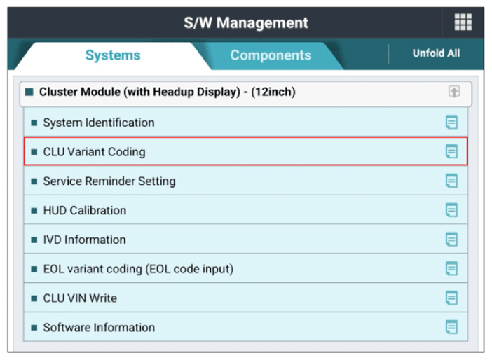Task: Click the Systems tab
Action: point(113,55)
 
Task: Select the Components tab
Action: point(271,55)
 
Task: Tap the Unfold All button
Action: point(436,53)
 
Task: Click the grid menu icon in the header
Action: point(463,22)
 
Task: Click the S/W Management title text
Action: point(246,23)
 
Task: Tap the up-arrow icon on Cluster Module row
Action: point(454,92)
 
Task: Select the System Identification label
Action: point(99,123)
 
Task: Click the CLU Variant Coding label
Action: point(94,152)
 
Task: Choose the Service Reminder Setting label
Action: point(109,181)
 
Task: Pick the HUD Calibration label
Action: point(85,210)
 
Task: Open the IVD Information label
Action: point(84,240)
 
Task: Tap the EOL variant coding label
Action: point(138,269)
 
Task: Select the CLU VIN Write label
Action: point(80,298)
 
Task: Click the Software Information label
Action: point(99,327)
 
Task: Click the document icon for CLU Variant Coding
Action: point(451,152)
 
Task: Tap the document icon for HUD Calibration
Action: point(451,210)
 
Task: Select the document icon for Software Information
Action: point(451,327)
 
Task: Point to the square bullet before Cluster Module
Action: point(29,92)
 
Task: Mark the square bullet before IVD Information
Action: point(34,240)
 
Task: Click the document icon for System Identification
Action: point(451,123)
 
